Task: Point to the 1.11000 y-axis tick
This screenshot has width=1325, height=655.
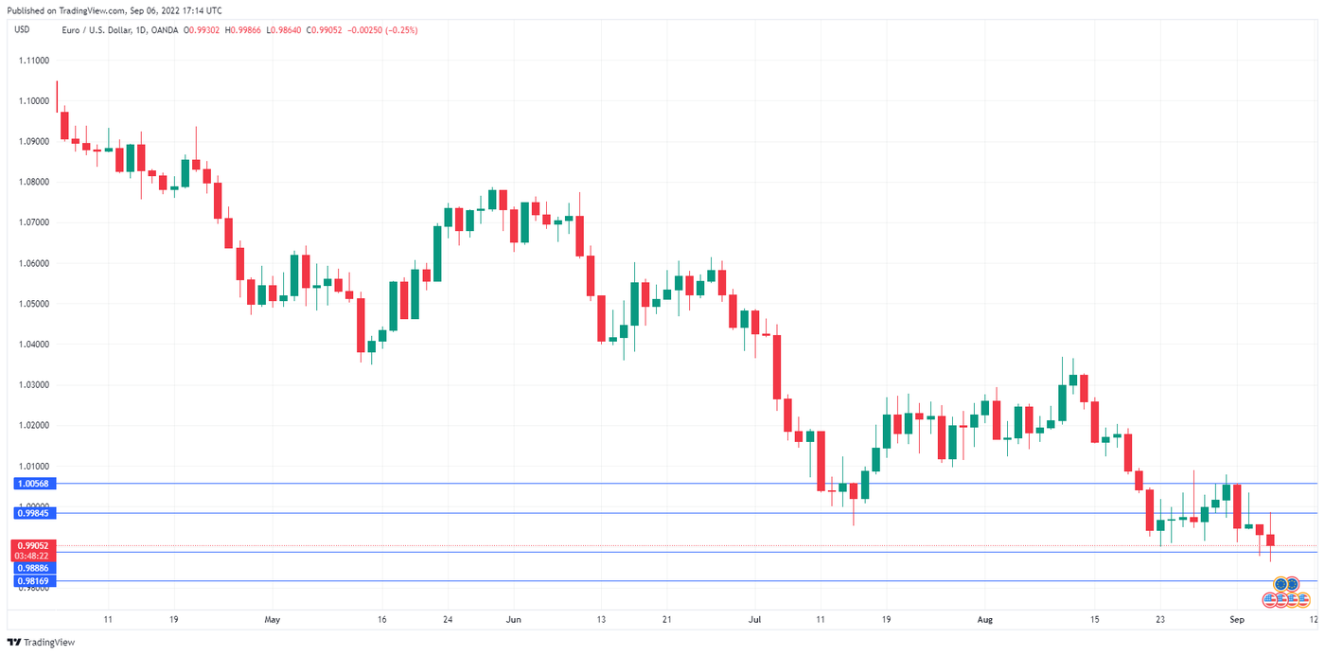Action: click(33, 60)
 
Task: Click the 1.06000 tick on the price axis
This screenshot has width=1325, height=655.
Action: click(33, 263)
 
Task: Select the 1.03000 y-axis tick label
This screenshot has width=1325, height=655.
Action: click(33, 385)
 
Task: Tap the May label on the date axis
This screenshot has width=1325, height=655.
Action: click(273, 619)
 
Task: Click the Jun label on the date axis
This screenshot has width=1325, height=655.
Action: click(513, 619)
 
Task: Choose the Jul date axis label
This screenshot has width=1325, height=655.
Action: click(754, 619)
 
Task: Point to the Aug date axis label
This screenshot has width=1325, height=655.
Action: click(985, 619)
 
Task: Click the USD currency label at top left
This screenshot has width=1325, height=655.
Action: click(21, 30)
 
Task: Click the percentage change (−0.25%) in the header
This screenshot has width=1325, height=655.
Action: click(398, 30)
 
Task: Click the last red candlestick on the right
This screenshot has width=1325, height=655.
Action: click(1270, 540)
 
